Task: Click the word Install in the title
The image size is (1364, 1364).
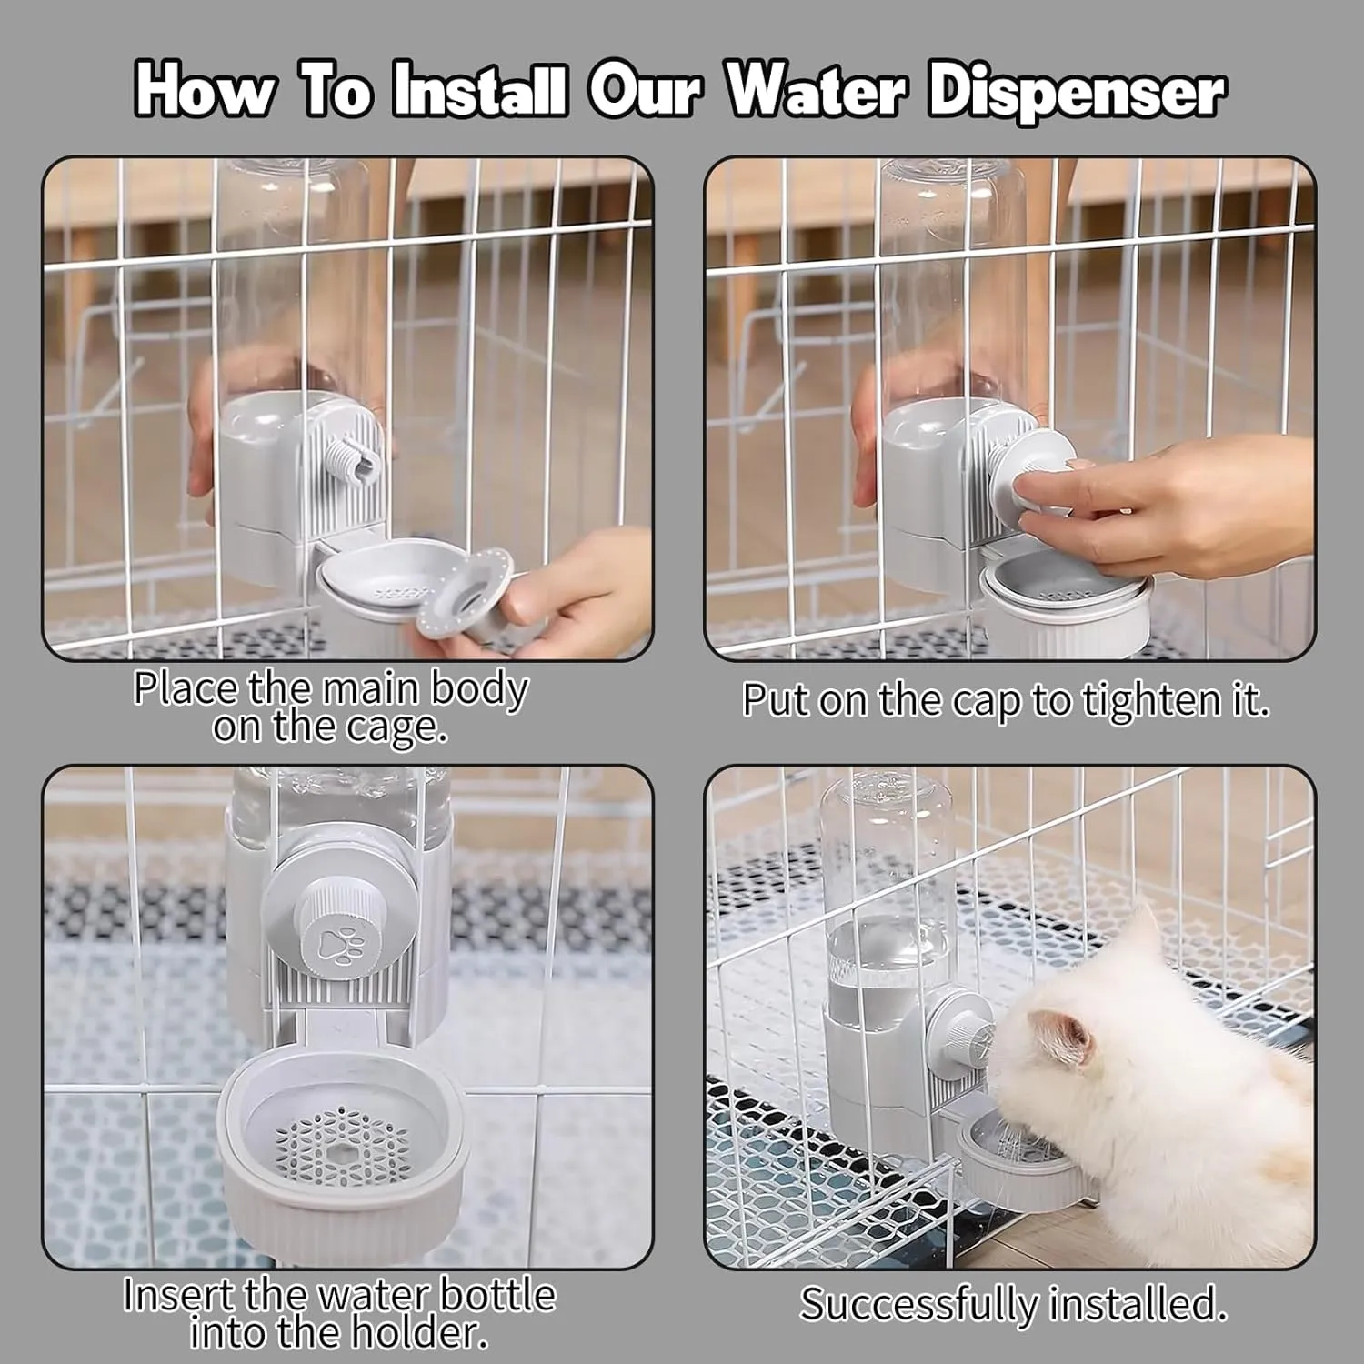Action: click(479, 91)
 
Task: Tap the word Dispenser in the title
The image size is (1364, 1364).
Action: click(1077, 93)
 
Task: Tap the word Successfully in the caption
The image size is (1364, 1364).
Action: click(918, 1305)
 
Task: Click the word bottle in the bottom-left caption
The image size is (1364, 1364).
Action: click(497, 1294)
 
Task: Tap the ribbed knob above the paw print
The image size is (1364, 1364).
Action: click(338, 903)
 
